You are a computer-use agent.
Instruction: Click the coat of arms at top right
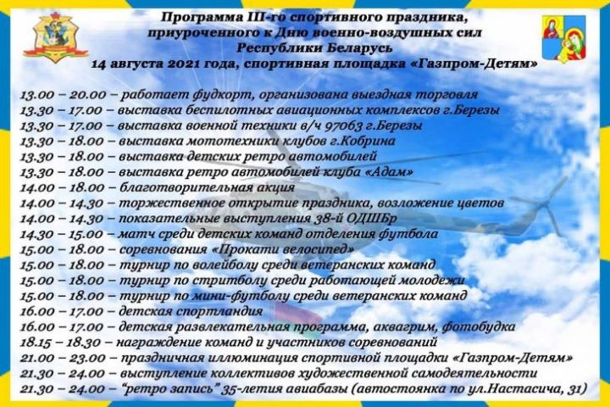pyautogui.click(x=563, y=38)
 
